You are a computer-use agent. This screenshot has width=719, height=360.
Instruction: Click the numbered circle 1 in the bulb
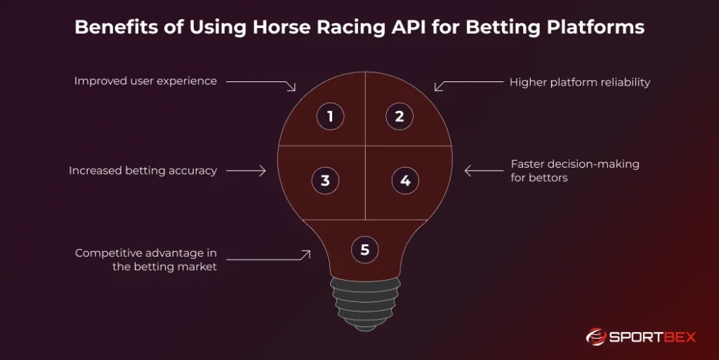330,116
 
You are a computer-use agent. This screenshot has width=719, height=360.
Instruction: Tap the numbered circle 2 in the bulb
400,116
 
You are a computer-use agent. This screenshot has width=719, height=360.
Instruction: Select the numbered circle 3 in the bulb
325,180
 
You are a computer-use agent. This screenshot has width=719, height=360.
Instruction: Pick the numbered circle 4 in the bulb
405,180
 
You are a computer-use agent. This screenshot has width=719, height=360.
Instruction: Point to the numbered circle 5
364,249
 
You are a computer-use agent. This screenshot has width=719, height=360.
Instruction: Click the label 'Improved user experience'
145,81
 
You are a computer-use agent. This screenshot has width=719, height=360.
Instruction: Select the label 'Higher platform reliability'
579,82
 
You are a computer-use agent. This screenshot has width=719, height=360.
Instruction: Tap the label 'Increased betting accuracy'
143,171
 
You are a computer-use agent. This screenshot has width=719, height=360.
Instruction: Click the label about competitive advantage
146,259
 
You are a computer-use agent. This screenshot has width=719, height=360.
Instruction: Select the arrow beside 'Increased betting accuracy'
246,171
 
